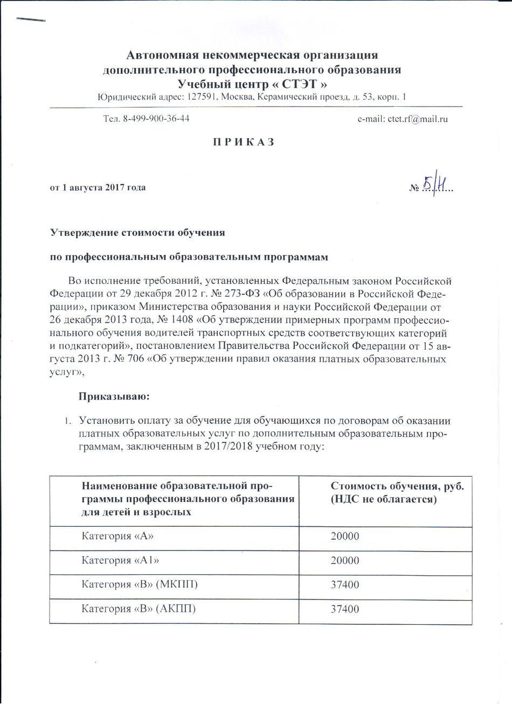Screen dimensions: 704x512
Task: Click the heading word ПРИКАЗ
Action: click(x=243, y=142)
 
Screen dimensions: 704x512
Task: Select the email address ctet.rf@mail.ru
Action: click(x=418, y=119)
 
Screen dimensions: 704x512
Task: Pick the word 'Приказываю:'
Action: click(x=114, y=397)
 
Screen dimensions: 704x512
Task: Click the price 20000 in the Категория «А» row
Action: click(x=344, y=536)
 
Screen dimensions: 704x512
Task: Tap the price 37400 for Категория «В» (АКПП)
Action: click(x=344, y=609)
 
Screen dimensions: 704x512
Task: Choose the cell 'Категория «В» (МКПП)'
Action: click(x=140, y=584)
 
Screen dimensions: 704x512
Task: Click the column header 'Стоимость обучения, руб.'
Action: click(x=397, y=486)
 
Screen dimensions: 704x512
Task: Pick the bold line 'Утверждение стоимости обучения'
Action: click(x=137, y=233)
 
